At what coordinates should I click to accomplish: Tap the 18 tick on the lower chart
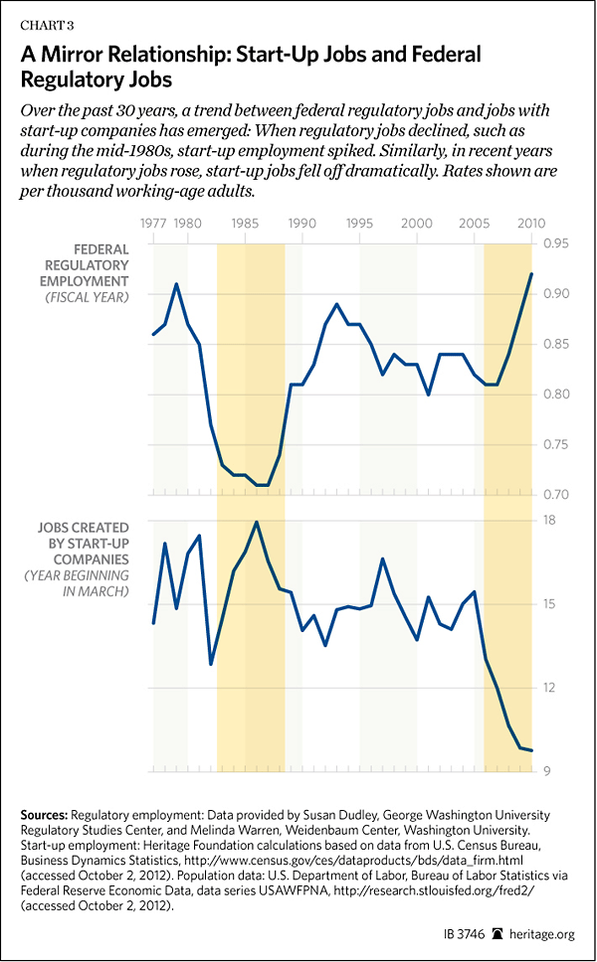pyautogui.click(x=548, y=521)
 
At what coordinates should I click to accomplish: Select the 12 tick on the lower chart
pyautogui.click(x=548, y=688)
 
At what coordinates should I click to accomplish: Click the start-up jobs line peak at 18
pyautogui.click(x=257, y=522)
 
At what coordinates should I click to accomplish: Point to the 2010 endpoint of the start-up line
pyautogui.click(x=531, y=750)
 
